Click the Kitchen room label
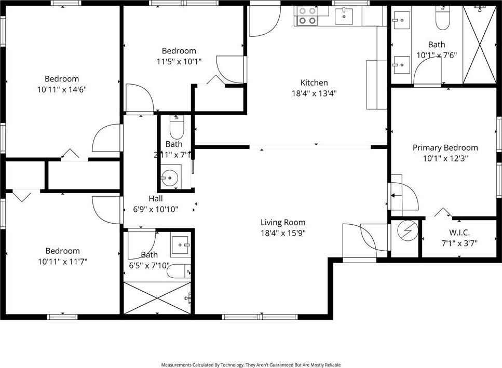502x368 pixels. (x=314, y=83)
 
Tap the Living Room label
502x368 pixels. (x=283, y=222)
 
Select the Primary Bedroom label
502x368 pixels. (x=445, y=148)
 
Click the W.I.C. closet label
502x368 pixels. (x=459, y=233)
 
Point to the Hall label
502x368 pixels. (x=156, y=198)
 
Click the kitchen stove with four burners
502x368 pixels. (x=306, y=16)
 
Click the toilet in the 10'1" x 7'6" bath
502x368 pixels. (x=442, y=20)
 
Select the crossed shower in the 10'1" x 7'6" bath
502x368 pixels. (x=479, y=45)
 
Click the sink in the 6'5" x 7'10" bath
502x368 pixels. (x=181, y=243)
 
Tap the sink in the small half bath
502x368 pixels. (x=170, y=178)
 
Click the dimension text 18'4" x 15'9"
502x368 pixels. (x=283, y=233)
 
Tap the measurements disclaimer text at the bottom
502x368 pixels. (x=251, y=365)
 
